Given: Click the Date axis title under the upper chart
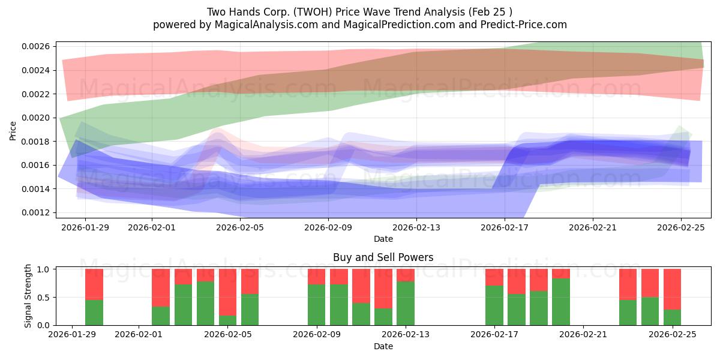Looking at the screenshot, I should (383, 239).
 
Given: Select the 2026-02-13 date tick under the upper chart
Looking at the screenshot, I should (416, 227).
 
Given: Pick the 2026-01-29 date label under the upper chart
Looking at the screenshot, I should (85, 227).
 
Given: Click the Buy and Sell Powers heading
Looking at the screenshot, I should (383, 258).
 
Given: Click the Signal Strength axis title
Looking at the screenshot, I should (28, 297).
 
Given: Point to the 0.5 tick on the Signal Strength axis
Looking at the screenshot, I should (44, 298).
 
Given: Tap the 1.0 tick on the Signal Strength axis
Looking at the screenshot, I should (44, 269).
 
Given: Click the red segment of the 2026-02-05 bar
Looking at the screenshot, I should (228, 292).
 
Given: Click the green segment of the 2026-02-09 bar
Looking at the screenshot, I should (317, 305).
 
